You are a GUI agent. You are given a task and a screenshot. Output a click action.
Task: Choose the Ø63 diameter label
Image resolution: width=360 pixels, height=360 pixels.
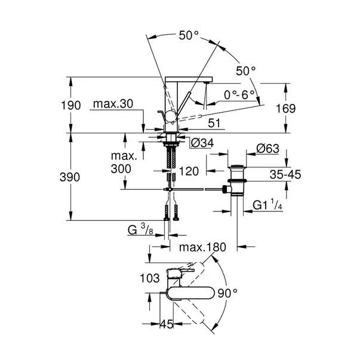(267, 149)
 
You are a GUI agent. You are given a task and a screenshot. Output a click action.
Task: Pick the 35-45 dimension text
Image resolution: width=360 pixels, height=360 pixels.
(285, 174)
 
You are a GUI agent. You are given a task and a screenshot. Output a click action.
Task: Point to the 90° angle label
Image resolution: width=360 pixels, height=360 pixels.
(227, 293)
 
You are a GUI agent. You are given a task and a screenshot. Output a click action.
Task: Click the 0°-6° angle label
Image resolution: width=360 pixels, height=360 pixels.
(239, 94)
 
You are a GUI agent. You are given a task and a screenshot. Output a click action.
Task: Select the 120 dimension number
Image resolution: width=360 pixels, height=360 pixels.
(189, 171)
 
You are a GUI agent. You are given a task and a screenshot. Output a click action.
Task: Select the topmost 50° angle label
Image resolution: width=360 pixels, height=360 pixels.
(189, 35)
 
